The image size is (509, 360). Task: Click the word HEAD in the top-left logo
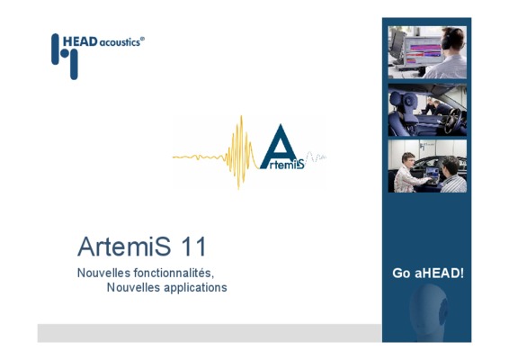pyautogui.click(x=80, y=41)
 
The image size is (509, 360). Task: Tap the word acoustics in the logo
pyautogui.click(x=119, y=42)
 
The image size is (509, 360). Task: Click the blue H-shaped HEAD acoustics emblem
pyautogui.click(x=65, y=56)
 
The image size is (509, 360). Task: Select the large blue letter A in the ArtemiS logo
pyautogui.click(x=279, y=146)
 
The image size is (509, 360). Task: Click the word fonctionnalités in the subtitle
pyautogui.click(x=174, y=273)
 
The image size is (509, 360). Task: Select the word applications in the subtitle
pyautogui.click(x=195, y=288)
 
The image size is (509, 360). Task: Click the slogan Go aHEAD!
pyautogui.click(x=428, y=274)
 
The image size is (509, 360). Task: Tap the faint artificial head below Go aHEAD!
pyautogui.click(x=428, y=312)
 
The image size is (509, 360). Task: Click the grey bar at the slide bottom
pyautogui.click(x=210, y=333)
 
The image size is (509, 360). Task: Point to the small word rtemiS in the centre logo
pyautogui.click(x=286, y=165)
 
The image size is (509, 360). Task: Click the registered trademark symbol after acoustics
pyautogui.click(x=142, y=39)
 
